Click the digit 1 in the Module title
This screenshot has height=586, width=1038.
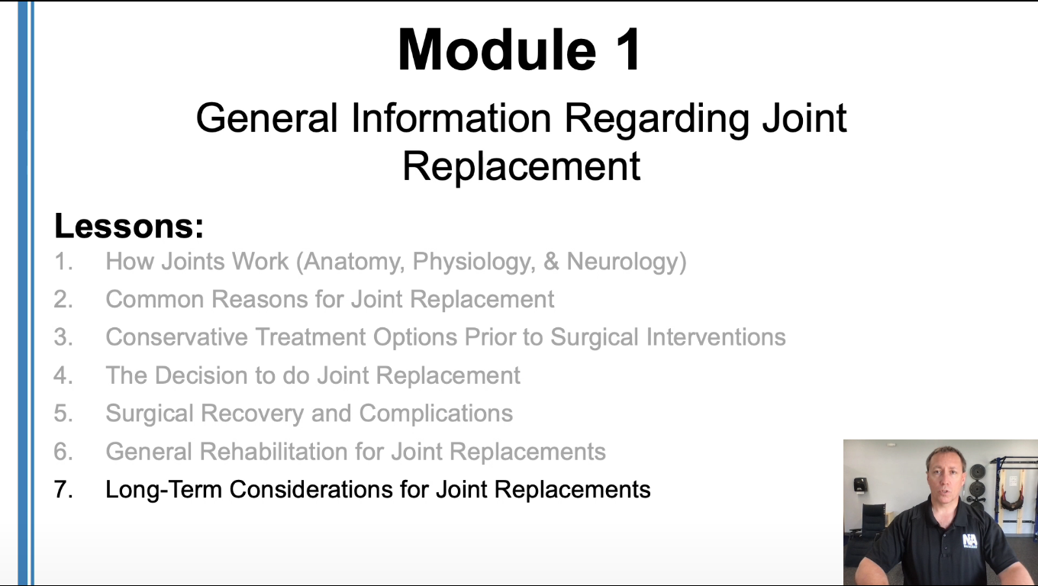(x=628, y=50)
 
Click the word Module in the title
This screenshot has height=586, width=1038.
(x=497, y=50)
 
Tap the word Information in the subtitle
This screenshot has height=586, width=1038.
(x=451, y=118)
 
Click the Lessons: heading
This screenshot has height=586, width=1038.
(x=129, y=226)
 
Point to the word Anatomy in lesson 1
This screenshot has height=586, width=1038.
(x=354, y=262)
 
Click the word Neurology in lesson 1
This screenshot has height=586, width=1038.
(x=622, y=262)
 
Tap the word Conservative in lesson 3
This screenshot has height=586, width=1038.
(x=176, y=337)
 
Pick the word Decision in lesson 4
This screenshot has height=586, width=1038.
(x=201, y=375)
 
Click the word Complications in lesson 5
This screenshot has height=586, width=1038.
(x=436, y=414)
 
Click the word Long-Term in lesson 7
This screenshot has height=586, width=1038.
(x=163, y=490)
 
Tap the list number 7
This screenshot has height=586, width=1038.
(x=63, y=490)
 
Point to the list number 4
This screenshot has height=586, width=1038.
(x=63, y=375)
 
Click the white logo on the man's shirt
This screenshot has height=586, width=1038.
(x=969, y=541)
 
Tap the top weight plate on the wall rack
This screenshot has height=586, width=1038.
(x=978, y=472)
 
